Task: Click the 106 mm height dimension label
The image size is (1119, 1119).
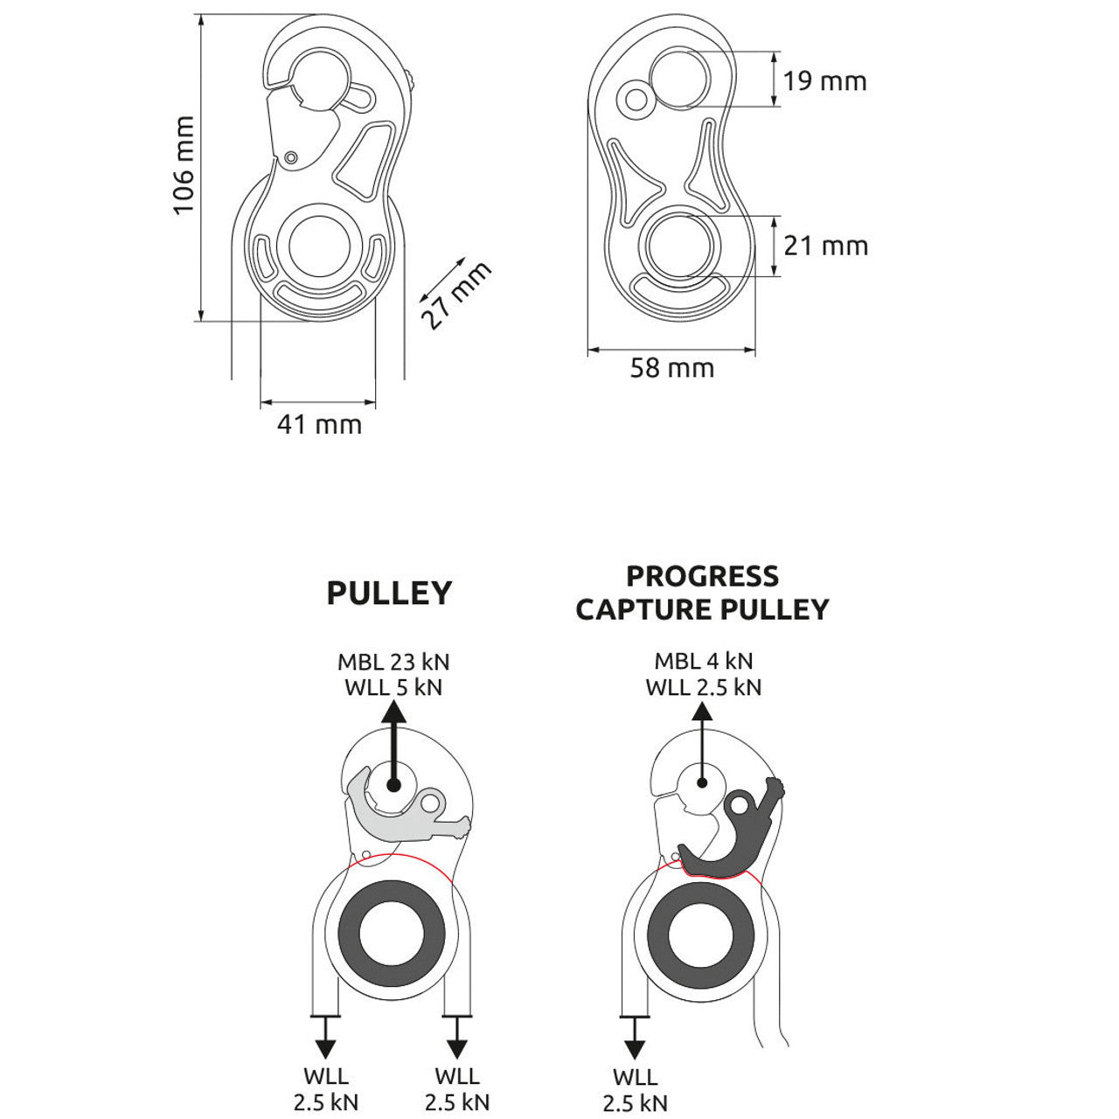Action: click(x=183, y=166)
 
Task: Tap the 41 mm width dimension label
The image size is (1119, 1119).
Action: click(x=319, y=425)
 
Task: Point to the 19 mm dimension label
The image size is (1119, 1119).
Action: click(x=824, y=81)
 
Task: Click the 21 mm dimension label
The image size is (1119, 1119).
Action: click(x=825, y=246)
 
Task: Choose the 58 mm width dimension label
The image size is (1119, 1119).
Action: click(x=672, y=368)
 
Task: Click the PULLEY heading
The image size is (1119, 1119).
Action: click(x=389, y=593)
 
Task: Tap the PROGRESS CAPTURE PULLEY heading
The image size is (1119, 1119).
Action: click(x=702, y=592)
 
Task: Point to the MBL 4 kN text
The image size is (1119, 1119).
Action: click(x=703, y=661)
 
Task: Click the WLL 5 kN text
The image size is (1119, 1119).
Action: click(x=393, y=687)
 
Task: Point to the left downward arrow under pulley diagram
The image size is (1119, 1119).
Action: click(x=325, y=1037)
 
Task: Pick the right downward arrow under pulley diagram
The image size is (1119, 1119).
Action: click(x=455, y=1037)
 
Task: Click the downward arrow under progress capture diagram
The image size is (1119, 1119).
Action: click(x=635, y=1037)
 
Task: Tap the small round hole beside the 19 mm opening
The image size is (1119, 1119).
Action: click(x=636, y=100)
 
